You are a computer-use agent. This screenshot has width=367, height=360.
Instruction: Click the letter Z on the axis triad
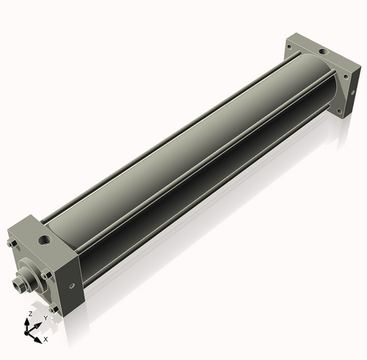coord(31,314)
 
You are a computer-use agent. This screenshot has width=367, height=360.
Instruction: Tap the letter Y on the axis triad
coord(46,318)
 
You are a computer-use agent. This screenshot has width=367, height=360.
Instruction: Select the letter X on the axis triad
coord(46,339)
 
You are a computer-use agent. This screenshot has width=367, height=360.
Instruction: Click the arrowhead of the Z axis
coord(26,322)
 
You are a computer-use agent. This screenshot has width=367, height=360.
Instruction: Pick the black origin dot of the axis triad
coord(26,333)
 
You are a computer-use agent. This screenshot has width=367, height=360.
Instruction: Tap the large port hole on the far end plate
coord(323,52)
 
